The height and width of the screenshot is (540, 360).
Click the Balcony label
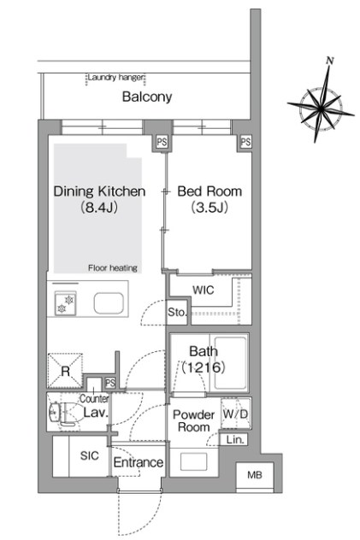(x=147, y=97)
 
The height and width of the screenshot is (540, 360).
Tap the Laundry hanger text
(x=115, y=77)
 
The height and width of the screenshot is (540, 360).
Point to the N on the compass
(x=330, y=61)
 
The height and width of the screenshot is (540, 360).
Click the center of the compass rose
(x=321, y=109)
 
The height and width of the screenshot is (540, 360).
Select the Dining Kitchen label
(x=99, y=191)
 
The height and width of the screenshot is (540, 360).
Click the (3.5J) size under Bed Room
(x=210, y=208)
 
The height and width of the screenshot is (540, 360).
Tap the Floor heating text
(x=113, y=267)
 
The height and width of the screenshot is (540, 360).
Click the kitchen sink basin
(x=109, y=303)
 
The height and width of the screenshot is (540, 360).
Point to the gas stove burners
(x=66, y=304)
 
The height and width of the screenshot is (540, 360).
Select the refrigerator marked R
(x=65, y=371)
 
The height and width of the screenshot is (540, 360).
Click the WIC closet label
(x=204, y=290)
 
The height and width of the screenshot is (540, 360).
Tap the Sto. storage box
(x=177, y=312)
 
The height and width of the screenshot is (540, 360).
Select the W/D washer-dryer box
(x=235, y=414)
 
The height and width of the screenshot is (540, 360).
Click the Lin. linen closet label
(x=236, y=439)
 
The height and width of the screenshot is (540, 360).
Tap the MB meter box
(x=255, y=475)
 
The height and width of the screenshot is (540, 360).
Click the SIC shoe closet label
(x=89, y=455)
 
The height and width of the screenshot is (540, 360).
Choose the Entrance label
(x=139, y=462)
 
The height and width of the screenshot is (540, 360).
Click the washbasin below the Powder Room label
(x=194, y=461)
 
